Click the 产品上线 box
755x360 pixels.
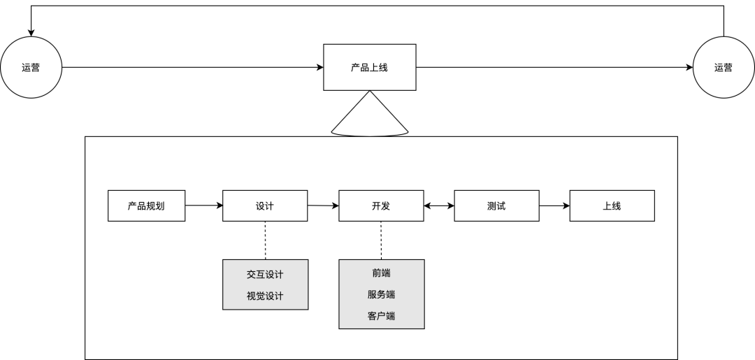coord(369,68)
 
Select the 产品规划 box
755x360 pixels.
coord(146,206)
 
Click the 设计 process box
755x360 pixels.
coord(265,206)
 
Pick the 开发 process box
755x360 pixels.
coord(381,206)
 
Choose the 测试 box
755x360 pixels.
coord(496,206)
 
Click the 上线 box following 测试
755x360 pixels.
coord(612,206)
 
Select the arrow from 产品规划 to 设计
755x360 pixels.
coord(203,206)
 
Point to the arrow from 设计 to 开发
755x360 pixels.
coord(323,206)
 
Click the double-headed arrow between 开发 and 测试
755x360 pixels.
coord(439,206)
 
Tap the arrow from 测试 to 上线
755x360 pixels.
coord(554,206)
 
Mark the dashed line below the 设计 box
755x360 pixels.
coord(265,240)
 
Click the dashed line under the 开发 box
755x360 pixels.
coord(381,240)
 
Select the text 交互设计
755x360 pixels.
coord(265,274)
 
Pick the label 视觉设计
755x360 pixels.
coord(265,296)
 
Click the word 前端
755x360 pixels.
coord(381,273)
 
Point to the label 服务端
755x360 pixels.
coord(381,294)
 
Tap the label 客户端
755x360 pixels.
coord(381,316)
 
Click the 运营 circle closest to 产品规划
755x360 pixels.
coord(31,68)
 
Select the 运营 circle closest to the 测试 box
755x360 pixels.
coord(723,68)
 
